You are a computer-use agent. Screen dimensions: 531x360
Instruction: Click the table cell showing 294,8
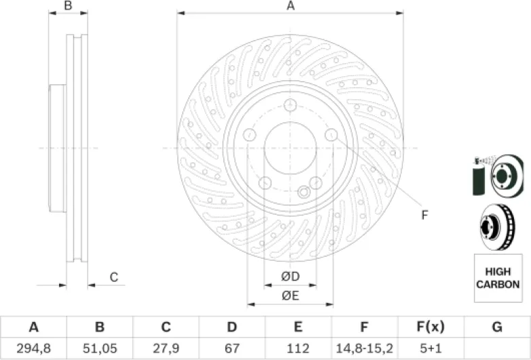[x=33, y=348]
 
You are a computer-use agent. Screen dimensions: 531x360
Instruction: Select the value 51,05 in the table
[x=100, y=348]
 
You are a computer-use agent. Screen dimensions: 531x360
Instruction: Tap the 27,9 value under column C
[x=166, y=348]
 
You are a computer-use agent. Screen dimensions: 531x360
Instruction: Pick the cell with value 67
[x=232, y=348]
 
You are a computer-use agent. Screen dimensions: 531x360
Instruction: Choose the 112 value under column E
[x=298, y=348]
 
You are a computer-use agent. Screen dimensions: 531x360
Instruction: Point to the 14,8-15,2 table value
[x=365, y=348]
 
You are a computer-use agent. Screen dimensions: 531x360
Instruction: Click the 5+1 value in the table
[x=431, y=348]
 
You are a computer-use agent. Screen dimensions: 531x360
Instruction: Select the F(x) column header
[x=431, y=327]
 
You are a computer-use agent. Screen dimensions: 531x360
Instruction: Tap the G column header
[x=497, y=327]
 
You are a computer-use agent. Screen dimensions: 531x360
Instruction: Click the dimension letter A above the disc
[x=291, y=5]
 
